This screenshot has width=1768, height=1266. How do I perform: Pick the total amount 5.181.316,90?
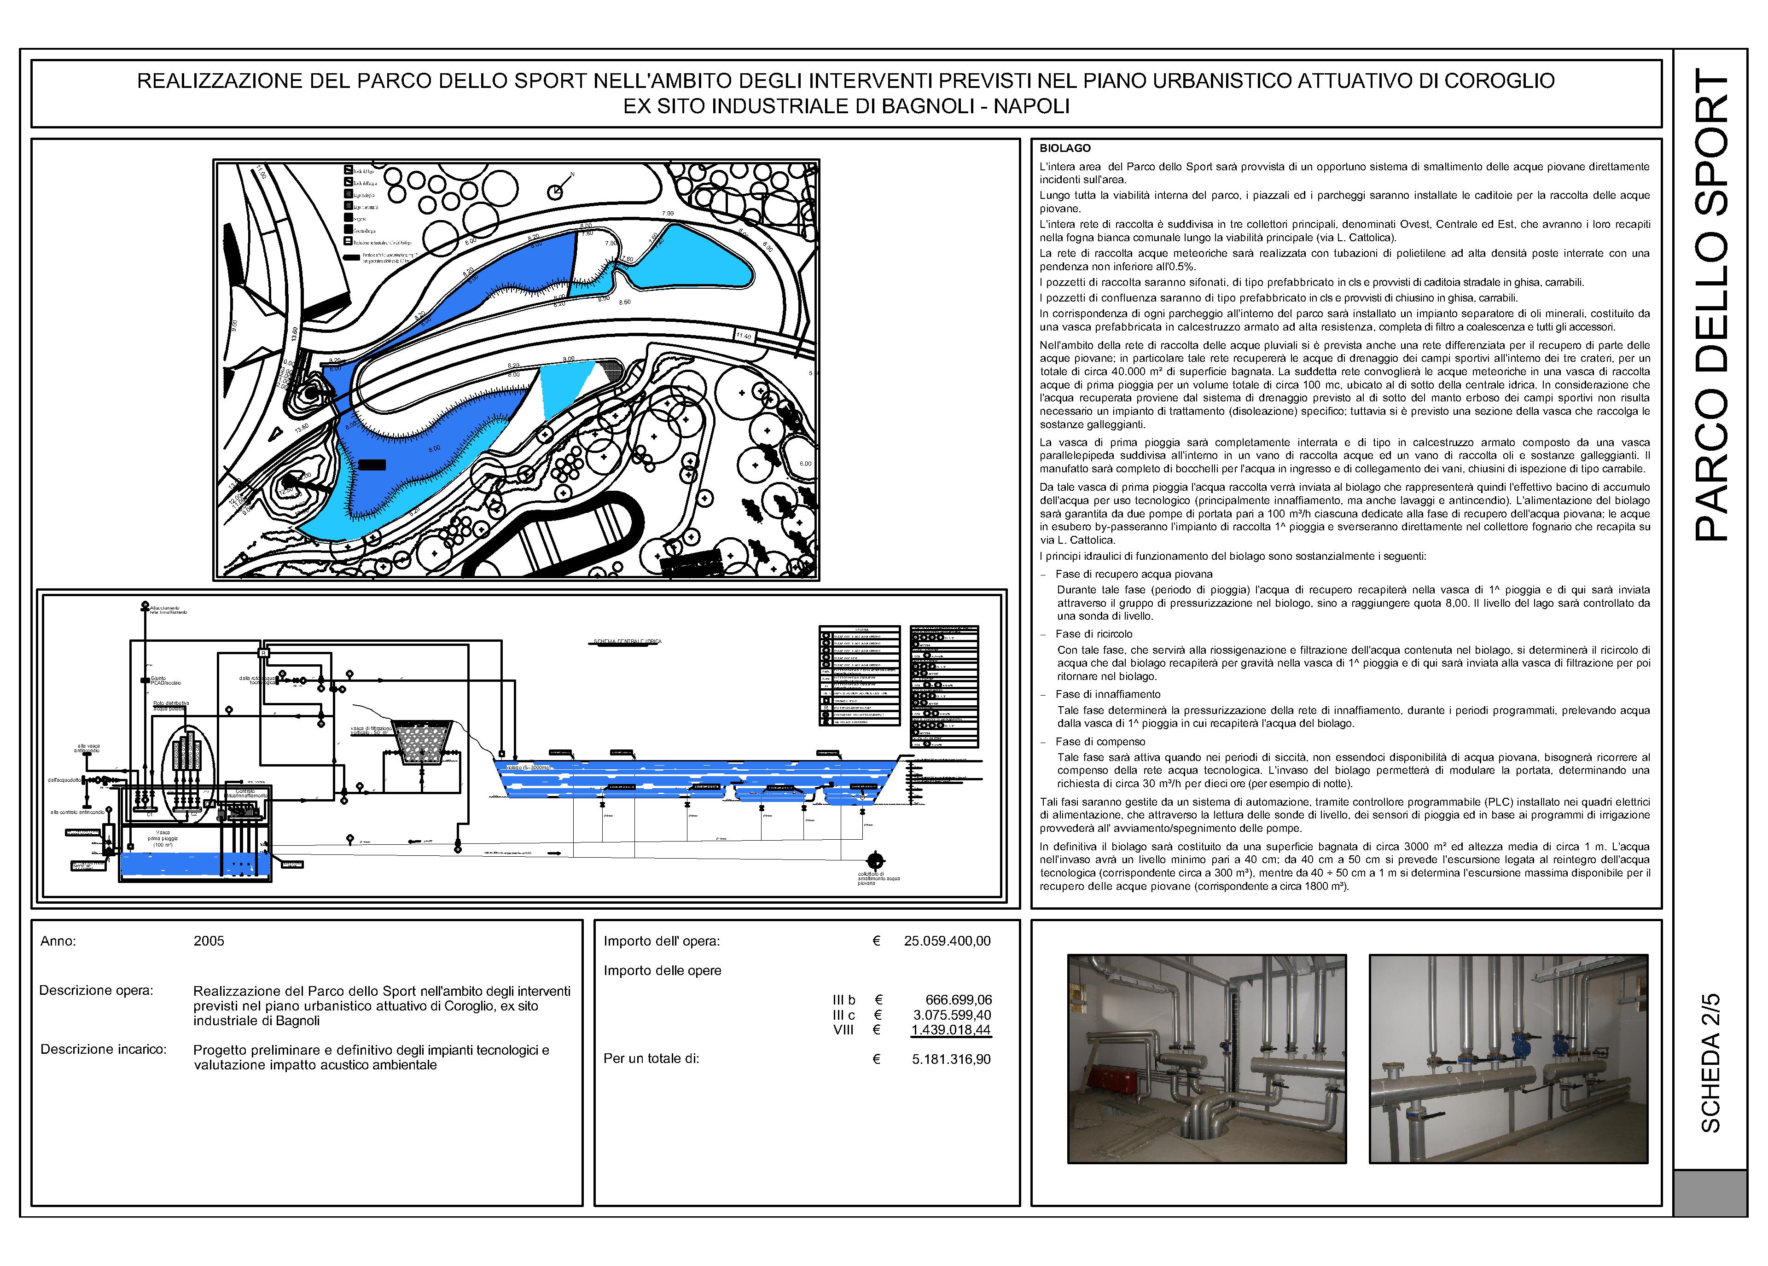click(x=951, y=1059)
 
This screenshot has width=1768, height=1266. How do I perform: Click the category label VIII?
click(x=843, y=1030)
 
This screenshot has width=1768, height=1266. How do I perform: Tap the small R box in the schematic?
click(x=263, y=652)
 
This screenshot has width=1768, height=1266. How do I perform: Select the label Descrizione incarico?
click(x=104, y=1049)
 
